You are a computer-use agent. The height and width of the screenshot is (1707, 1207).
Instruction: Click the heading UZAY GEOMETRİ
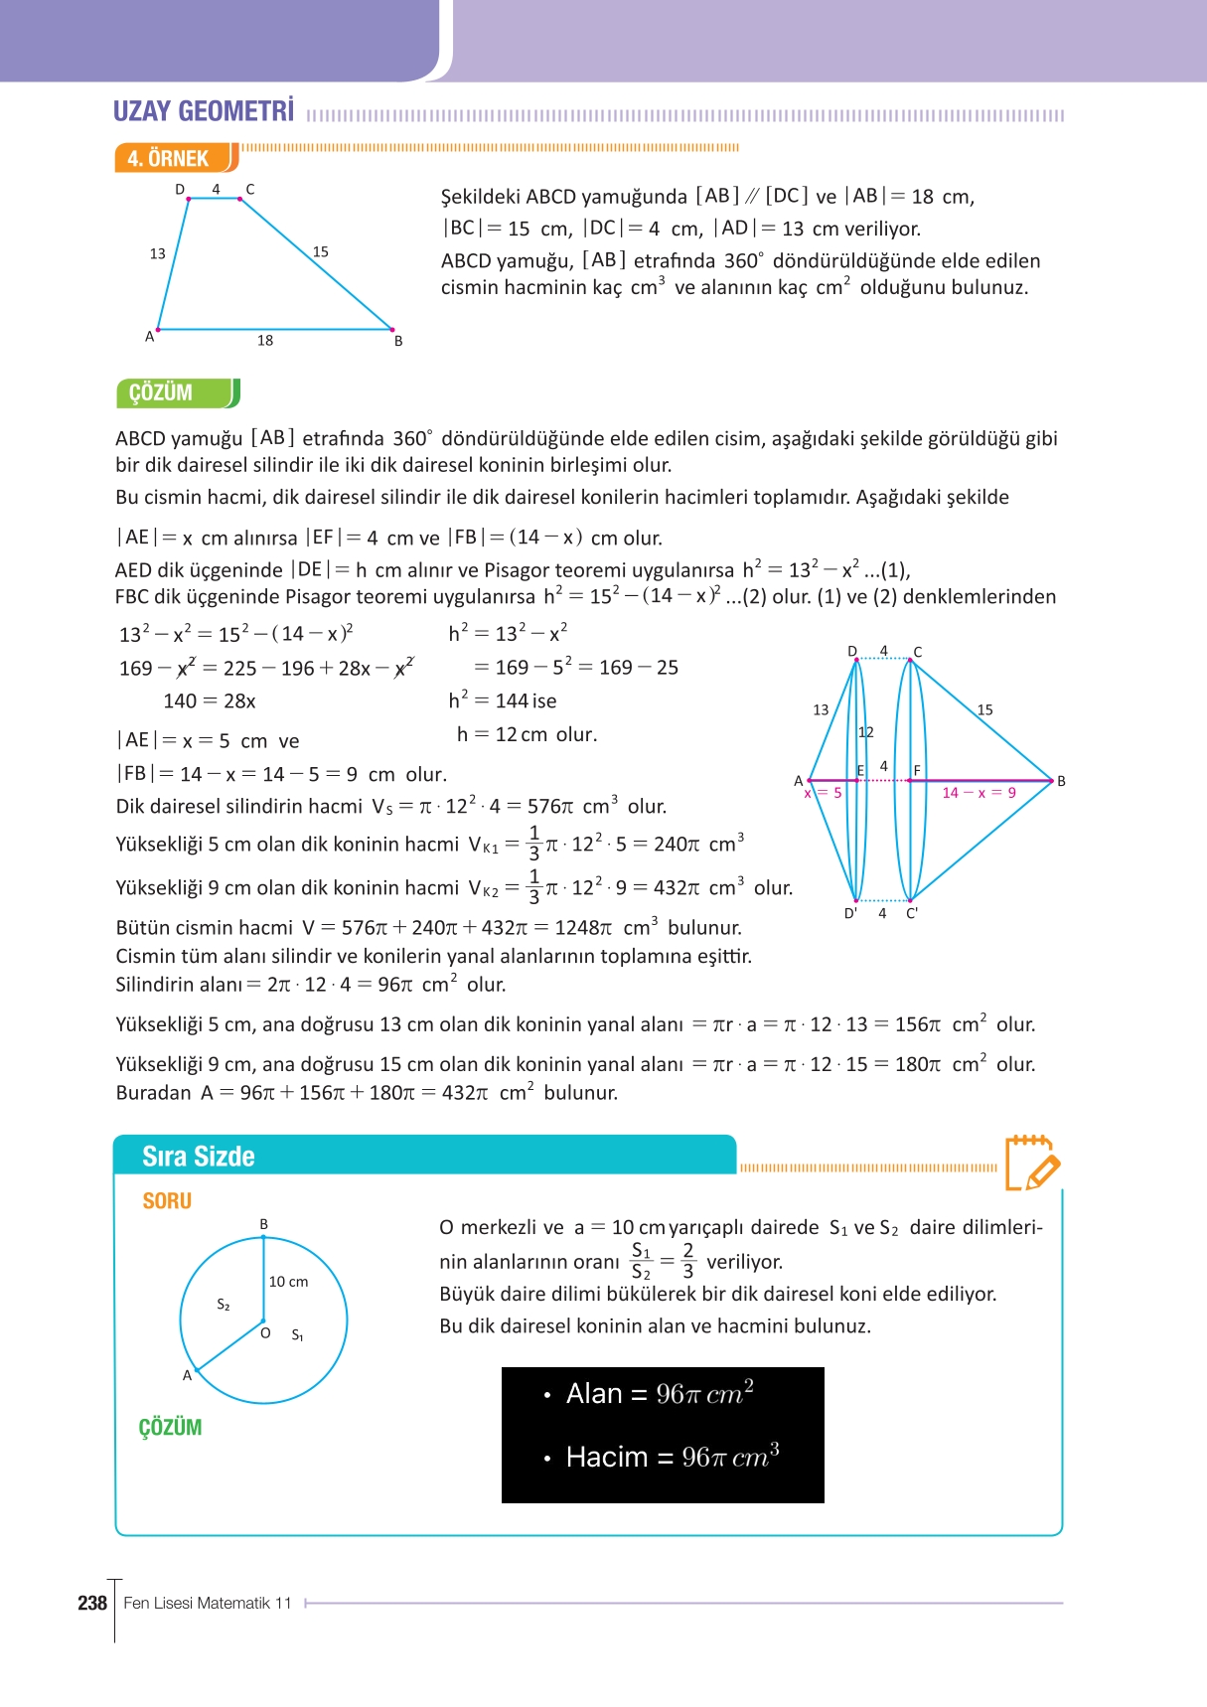coord(204,111)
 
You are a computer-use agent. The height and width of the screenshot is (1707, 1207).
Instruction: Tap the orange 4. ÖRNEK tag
coord(169,159)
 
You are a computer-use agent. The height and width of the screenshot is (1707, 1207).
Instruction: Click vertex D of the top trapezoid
coord(188,198)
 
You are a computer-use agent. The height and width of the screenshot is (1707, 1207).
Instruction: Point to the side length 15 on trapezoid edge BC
coord(320,252)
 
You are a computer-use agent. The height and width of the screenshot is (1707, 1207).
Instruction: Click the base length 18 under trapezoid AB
coord(265,341)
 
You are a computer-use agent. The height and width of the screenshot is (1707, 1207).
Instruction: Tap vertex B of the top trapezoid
coord(392,330)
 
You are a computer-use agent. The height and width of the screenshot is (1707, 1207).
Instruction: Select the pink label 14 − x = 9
coord(979,793)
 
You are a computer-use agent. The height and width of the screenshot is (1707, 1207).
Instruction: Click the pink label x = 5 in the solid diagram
coord(824,793)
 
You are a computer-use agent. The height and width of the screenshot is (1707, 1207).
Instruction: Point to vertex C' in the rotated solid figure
coord(911,913)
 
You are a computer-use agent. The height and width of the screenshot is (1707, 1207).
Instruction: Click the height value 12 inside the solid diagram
coord(866,732)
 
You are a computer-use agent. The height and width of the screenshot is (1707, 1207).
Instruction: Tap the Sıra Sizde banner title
coord(199,1157)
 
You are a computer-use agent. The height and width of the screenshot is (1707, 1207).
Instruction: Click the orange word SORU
coord(167,1201)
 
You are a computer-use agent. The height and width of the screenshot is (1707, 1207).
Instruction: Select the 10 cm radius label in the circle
coord(288,1282)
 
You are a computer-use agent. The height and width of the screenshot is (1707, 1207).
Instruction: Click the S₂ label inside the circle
coord(224,1305)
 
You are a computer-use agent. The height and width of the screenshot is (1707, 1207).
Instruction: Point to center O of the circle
coord(263,1322)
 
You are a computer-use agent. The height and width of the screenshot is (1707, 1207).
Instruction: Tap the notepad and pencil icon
coord(1031,1164)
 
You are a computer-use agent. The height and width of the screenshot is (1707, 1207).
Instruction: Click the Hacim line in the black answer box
coord(673,1457)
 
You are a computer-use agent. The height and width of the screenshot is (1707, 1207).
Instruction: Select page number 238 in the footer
coord(91,1603)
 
